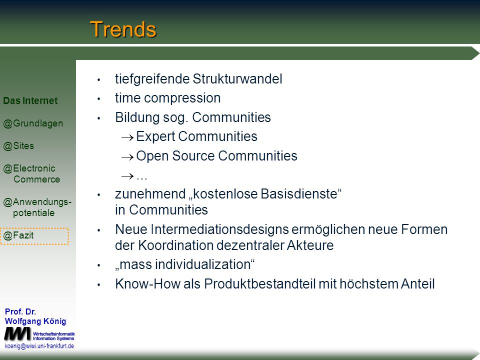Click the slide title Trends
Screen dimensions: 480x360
(123, 29)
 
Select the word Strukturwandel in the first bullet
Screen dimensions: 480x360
(237, 79)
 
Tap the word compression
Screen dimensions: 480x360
(182, 98)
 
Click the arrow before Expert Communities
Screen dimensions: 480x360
(127, 138)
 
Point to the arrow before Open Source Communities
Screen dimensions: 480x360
(127, 157)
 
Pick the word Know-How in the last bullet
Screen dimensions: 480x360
(147, 284)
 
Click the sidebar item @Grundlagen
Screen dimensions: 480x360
(33, 123)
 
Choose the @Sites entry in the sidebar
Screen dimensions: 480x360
(18, 146)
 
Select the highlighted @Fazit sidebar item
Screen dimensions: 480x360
(34, 236)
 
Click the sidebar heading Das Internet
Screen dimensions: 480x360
(30, 100)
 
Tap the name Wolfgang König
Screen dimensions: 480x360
(35, 321)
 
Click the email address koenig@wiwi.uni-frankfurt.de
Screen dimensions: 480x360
(39, 346)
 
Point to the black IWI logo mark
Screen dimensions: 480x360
(17, 334)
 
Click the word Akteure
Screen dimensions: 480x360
(310, 245)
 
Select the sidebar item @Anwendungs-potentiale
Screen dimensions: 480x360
(37, 207)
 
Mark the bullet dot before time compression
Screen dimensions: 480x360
(99, 99)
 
